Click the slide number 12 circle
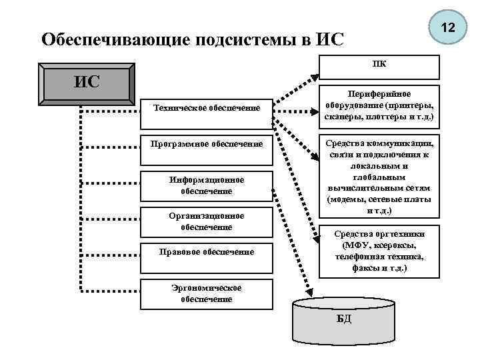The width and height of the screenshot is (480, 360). coord(447,29)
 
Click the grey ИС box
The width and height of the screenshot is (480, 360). coord(87,83)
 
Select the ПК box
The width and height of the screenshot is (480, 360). coord(379,67)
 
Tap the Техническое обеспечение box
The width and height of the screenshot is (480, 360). coord(207,107)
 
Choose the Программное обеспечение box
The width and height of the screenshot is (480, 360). coord(207,143)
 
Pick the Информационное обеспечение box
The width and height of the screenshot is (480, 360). coord(207,185)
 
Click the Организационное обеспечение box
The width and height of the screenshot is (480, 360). coord(207,221)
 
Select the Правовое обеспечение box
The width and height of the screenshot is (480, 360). coord(207,252)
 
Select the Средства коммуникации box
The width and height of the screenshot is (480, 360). coord(379,177)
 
